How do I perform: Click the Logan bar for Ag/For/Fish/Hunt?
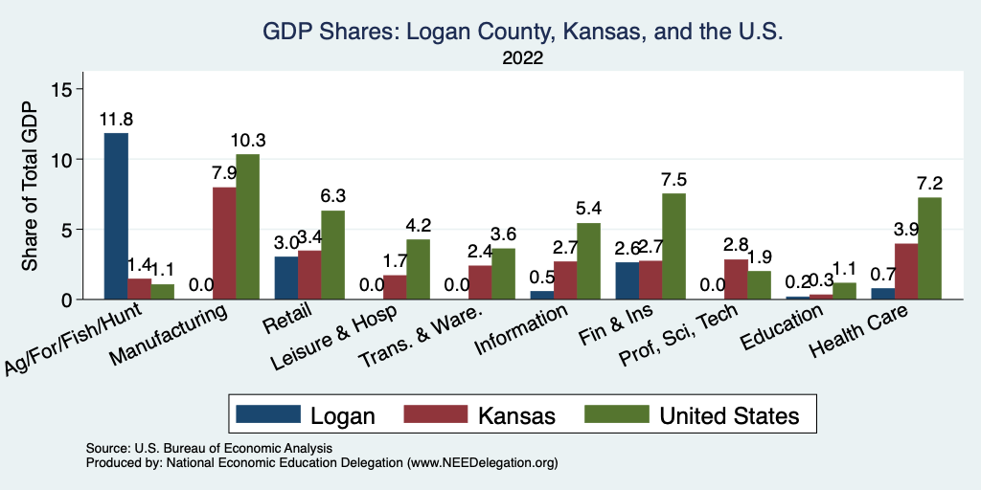pyautogui.click(x=116, y=216)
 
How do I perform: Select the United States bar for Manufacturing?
pyautogui.click(x=248, y=227)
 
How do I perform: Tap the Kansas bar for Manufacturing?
pyautogui.click(x=224, y=243)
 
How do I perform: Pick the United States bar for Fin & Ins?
pyautogui.click(x=673, y=247)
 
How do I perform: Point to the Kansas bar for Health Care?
pyautogui.click(x=905, y=272)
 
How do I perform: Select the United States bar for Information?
pyautogui.click(x=588, y=261)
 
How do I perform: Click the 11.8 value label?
pyautogui.click(x=116, y=120)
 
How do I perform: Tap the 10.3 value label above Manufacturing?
pyautogui.click(x=248, y=141)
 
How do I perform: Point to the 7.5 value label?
pyautogui.click(x=673, y=180)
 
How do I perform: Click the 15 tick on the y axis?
pyautogui.click(x=62, y=89)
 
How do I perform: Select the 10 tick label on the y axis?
pyautogui.click(x=62, y=159)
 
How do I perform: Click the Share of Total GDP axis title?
pyautogui.click(x=31, y=187)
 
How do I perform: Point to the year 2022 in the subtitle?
pyautogui.click(x=523, y=58)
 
